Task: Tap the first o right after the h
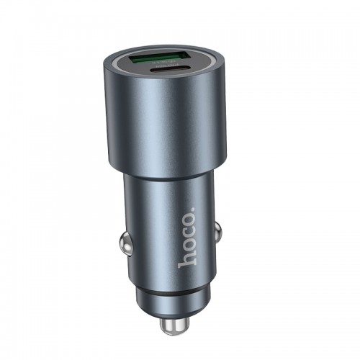(x=186, y=248)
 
